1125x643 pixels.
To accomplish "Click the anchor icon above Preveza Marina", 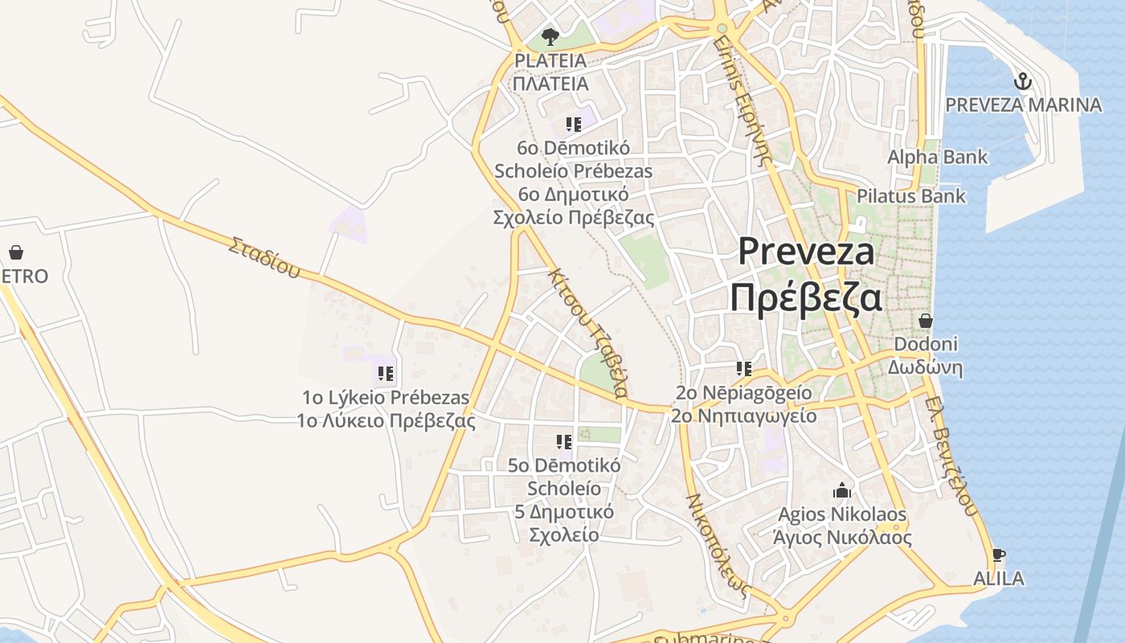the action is [1022, 81].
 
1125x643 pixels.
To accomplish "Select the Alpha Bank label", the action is [937, 157].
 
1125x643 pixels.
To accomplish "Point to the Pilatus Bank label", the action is [910, 196].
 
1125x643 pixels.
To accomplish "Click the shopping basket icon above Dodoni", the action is [925, 321].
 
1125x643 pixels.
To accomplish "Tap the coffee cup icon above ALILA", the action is [998, 555].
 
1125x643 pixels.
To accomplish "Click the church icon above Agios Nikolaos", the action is [842, 490].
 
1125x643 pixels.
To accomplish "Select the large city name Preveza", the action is [806, 251].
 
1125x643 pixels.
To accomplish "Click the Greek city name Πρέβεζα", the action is [805, 297].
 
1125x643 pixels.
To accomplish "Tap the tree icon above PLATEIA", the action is [550, 36].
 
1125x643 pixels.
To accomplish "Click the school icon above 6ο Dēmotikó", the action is [573, 124].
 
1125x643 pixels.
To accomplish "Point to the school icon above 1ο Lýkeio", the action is [386, 374].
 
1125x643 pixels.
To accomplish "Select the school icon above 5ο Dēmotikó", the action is [564, 441].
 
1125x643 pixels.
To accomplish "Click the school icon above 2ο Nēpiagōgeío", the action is [744, 369].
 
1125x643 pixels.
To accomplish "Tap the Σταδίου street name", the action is [264, 256].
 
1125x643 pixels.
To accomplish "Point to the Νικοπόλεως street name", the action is [718, 543].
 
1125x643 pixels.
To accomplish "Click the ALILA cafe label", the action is [998, 579].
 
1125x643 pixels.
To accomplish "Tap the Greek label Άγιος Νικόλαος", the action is [841, 538].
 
